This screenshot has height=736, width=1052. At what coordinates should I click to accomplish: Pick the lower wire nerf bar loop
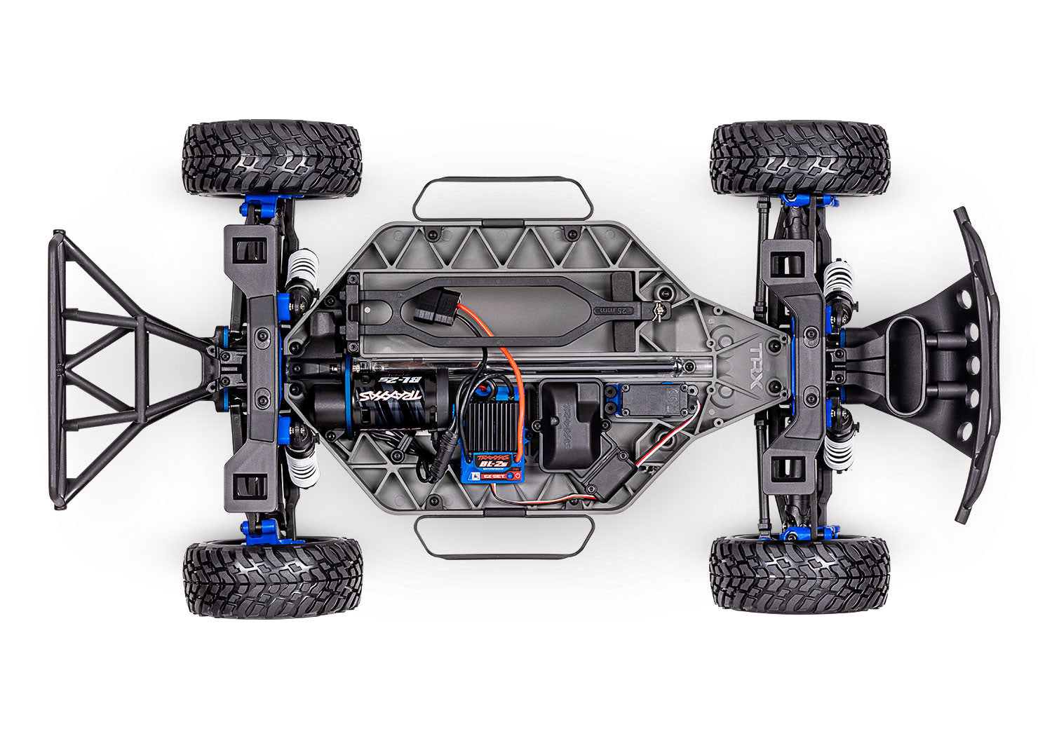point(504,538)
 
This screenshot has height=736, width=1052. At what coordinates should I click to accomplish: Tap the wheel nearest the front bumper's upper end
point(800,159)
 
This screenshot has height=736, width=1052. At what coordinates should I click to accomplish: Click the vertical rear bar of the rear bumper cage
point(57,368)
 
